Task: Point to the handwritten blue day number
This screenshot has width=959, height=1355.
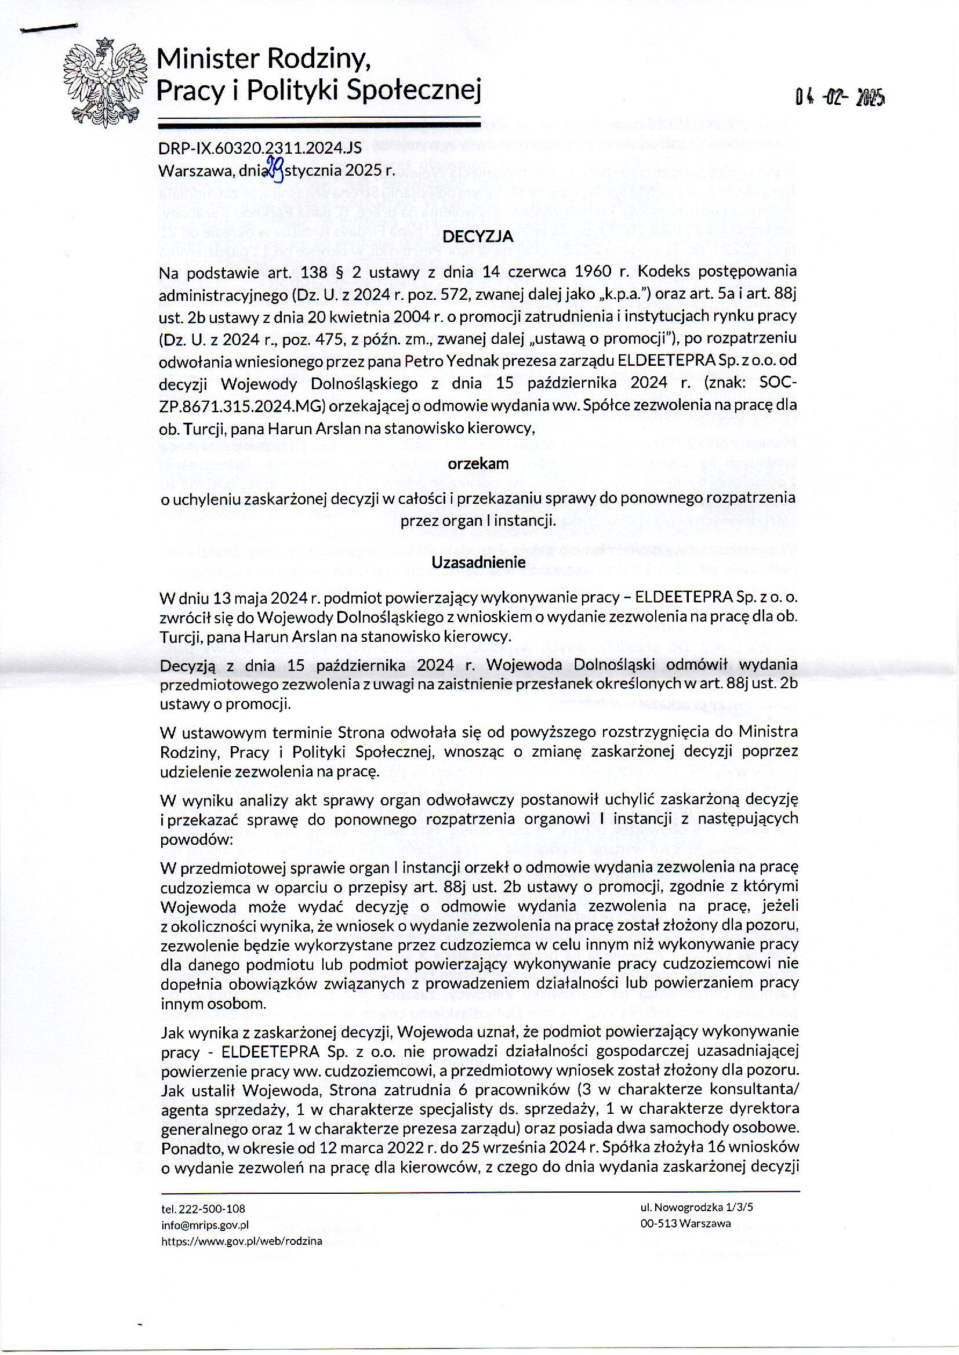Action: tap(275, 168)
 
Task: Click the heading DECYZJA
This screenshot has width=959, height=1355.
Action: tap(478, 237)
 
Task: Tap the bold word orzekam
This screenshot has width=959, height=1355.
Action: tap(478, 463)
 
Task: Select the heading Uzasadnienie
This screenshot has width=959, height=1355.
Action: tap(478, 562)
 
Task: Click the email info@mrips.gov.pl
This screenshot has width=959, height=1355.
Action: tap(205, 1225)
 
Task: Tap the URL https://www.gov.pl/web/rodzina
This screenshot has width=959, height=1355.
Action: tap(242, 1241)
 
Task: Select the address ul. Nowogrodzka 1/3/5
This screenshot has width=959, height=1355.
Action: tap(696, 1207)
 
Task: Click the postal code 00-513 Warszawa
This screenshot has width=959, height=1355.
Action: tap(685, 1223)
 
